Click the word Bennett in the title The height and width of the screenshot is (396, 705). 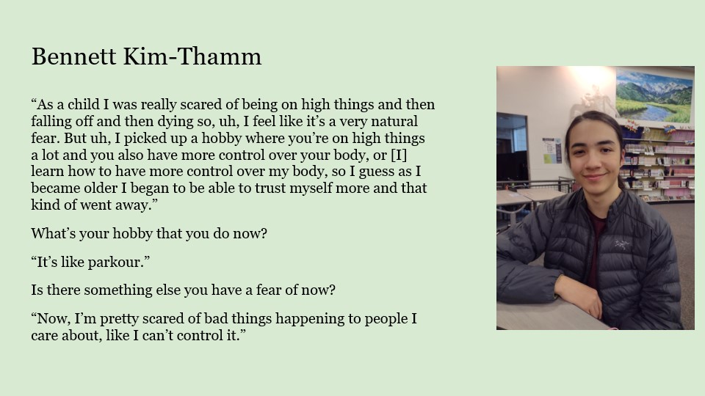(x=73, y=56)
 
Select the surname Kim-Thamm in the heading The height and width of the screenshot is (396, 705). (x=192, y=56)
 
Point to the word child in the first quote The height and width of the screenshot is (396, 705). (x=84, y=105)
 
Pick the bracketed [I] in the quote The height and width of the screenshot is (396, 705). (x=399, y=155)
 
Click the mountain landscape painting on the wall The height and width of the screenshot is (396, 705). (x=654, y=96)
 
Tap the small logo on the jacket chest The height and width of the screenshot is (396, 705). (x=622, y=245)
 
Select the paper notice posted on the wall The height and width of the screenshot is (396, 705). (x=552, y=150)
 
